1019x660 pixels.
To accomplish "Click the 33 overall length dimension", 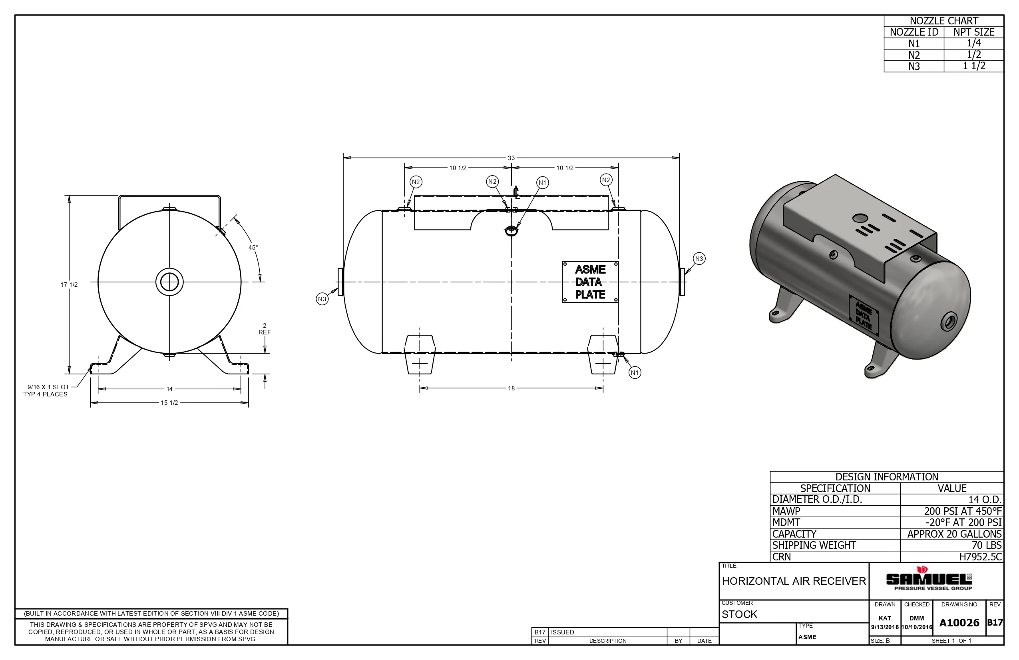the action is pyautogui.click(x=511, y=158).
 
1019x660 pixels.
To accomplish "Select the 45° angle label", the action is pyautogui.click(x=253, y=247).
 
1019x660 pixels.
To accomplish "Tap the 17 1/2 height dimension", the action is pyautogui.click(x=69, y=284).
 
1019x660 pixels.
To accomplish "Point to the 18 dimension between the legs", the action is pyautogui.click(x=511, y=388).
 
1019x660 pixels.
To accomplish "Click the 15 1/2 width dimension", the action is pyautogui.click(x=169, y=403).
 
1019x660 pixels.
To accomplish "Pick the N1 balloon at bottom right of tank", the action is pyautogui.click(x=635, y=372).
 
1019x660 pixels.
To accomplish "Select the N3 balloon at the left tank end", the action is pyautogui.click(x=322, y=299).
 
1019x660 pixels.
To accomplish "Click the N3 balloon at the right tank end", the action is pyautogui.click(x=699, y=258).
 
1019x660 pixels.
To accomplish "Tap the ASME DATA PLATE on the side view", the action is pyautogui.click(x=590, y=282).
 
